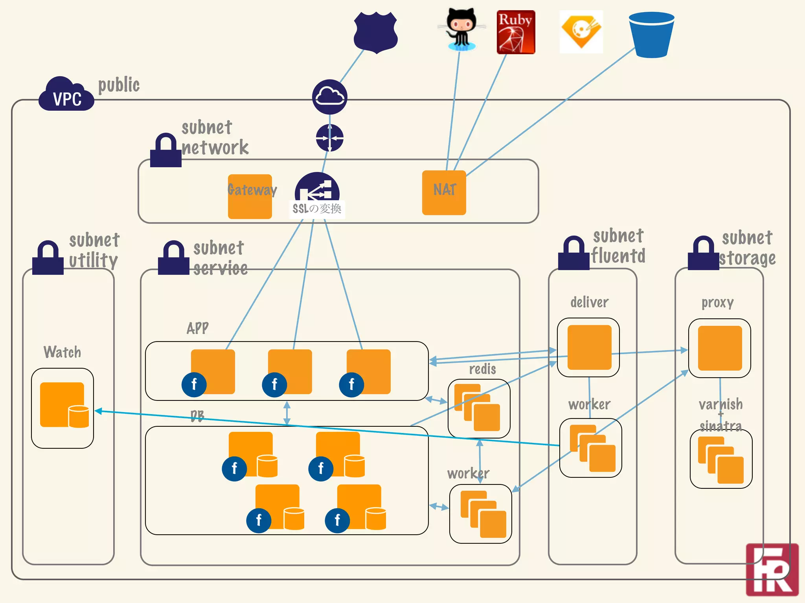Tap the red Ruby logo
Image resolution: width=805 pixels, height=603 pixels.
(516, 32)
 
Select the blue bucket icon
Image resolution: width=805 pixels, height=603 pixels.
(651, 35)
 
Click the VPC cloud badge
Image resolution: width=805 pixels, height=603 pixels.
(66, 95)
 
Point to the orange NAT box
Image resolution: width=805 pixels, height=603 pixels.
(444, 193)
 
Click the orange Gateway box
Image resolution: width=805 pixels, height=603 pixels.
(250, 197)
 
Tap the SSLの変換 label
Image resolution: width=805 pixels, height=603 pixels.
(317, 208)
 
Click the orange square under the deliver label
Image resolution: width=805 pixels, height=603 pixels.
(589, 347)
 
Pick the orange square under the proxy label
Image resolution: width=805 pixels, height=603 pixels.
(720, 348)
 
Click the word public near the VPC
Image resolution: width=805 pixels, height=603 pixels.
(119, 85)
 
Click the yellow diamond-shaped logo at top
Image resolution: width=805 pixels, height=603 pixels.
(581, 31)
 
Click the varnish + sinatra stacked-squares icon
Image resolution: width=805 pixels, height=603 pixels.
(721, 460)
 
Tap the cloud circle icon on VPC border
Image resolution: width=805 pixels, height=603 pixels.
(329, 97)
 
